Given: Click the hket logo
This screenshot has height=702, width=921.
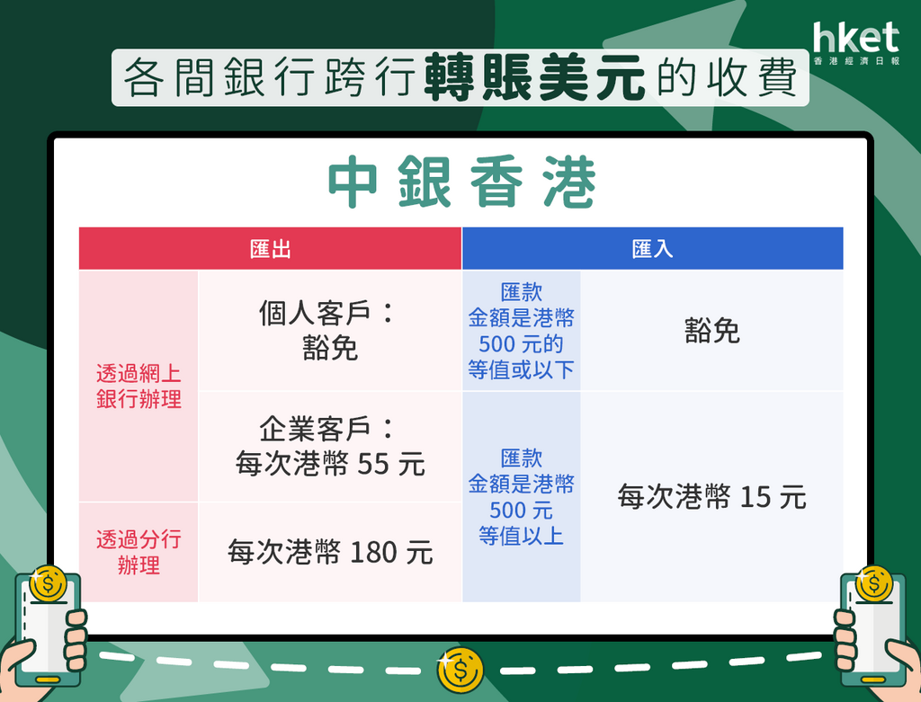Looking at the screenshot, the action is click(x=856, y=43).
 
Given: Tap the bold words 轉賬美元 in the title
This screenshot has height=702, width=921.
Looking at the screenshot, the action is click(x=534, y=78).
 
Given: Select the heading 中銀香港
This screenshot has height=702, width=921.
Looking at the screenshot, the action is click(x=461, y=182).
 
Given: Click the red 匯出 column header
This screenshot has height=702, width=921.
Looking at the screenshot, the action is click(x=270, y=249).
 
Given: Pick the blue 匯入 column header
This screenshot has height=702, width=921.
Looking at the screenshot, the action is click(x=653, y=249).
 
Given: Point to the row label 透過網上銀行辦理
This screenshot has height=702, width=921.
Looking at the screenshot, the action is click(x=139, y=387).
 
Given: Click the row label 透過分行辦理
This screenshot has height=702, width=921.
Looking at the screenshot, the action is click(x=139, y=552).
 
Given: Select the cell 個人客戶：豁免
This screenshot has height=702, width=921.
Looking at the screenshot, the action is click(x=329, y=331).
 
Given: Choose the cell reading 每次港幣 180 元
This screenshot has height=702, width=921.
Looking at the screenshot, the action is click(x=330, y=552).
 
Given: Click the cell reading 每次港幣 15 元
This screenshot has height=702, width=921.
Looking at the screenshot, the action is click(x=712, y=496).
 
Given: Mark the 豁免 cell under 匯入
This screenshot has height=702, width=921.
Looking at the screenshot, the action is click(x=712, y=331).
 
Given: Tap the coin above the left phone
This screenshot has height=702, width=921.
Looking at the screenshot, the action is click(x=49, y=583).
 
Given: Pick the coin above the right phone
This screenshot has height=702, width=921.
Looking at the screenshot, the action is click(x=874, y=583).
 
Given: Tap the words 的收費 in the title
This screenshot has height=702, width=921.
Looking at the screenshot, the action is click(x=727, y=78).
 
